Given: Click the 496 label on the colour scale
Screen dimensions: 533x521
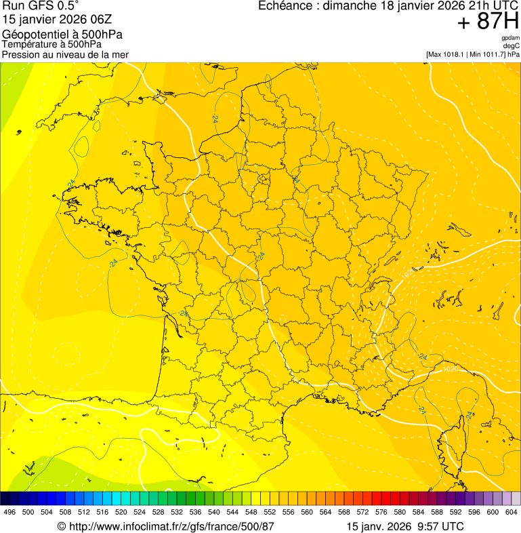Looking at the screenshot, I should [x=9, y=512].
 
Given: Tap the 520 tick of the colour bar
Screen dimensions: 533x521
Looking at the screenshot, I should [x=121, y=512].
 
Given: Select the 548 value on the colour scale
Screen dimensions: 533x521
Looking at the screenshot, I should [x=251, y=512].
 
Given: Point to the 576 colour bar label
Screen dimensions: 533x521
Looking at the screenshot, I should [x=381, y=512].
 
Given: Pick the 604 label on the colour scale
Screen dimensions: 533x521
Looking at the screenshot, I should [x=512, y=512].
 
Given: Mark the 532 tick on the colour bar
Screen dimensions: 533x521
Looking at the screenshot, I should [x=177, y=512].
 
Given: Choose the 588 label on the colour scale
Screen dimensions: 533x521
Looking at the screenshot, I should [x=437, y=512].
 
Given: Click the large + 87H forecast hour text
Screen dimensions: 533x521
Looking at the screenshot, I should [x=488, y=22].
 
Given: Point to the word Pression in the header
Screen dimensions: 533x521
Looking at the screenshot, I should [x=21, y=54].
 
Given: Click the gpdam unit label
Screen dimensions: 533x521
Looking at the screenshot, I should [x=511, y=38].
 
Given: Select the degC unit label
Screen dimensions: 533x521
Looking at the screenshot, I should [x=512, y=45].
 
